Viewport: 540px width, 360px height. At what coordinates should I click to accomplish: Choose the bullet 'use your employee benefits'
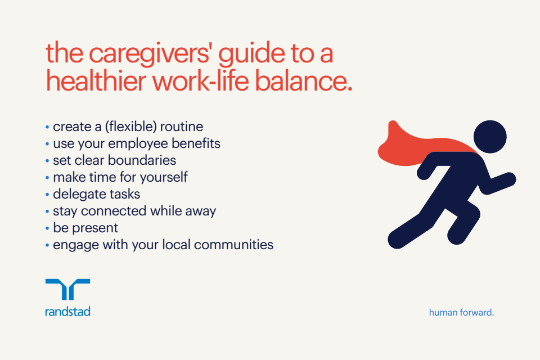(x=136, y=143)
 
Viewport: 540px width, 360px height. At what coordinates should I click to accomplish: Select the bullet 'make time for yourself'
(x=120, y=177)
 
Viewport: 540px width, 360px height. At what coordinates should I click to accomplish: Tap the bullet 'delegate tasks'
(x=96, y=194)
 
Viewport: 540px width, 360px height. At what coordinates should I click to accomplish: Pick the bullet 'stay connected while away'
(x=134, y=211)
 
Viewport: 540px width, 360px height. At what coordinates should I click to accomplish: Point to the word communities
(x=238, y=245)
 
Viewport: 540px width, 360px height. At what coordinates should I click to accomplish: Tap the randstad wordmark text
(x=67, y=311)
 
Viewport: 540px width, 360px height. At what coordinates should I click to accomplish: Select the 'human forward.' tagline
(x=461, y=312)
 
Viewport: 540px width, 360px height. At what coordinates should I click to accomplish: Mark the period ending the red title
(x=349, y=89)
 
